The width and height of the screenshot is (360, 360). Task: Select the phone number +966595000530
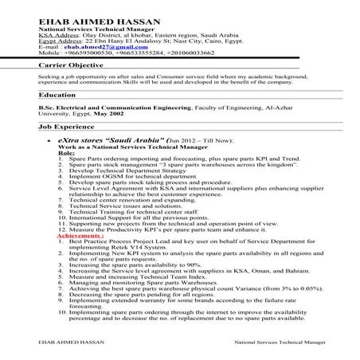83,53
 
